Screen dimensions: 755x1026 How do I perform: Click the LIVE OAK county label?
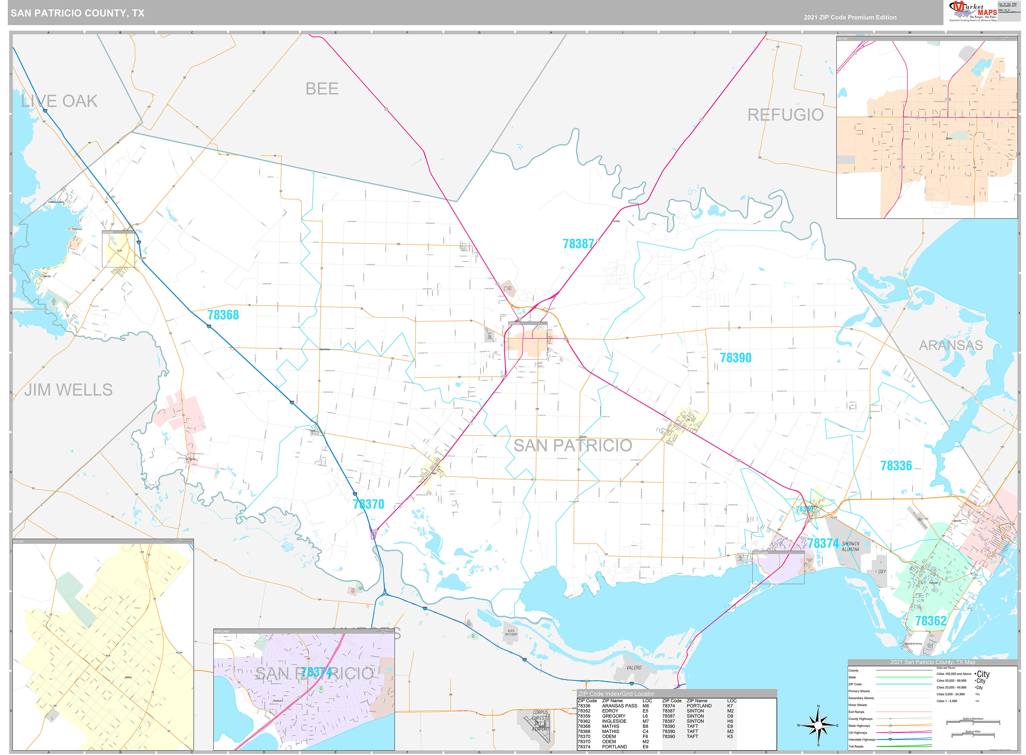(60, 101)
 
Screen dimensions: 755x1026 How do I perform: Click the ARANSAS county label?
(950, 346)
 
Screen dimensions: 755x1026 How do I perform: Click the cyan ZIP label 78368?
(223, 315)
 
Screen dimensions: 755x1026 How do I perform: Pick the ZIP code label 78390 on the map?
(735, 358)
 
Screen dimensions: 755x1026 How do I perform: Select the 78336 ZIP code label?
(896, 466)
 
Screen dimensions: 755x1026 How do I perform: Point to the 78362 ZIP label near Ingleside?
(930, 621)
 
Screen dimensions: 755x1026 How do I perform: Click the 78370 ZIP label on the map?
(368, 504)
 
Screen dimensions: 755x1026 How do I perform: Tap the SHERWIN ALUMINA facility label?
(850, 547)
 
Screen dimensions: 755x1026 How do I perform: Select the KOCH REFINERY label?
(511, 632)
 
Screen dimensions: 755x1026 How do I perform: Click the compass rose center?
(818, 725)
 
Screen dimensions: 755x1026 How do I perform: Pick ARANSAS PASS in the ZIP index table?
(619, 706)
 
